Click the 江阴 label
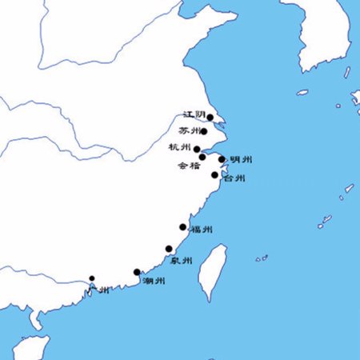tap(194, 115)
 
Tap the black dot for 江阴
tap(210, 117)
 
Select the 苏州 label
tap(189, 130)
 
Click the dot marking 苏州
tap(204, 131)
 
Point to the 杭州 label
tap(180, 147)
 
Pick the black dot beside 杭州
tap(197, 149)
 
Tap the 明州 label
tap(242, 160)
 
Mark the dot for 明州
tap(222, 159)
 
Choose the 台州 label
tap(234, 178)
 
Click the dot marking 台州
tap(214, 175)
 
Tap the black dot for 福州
tap(183, 227)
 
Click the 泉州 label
tap(182, 261)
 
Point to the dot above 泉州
tap(169, 248)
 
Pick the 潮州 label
tap(154, 281)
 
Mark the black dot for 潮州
tap(137, 272)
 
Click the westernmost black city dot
tap(92, 278)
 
